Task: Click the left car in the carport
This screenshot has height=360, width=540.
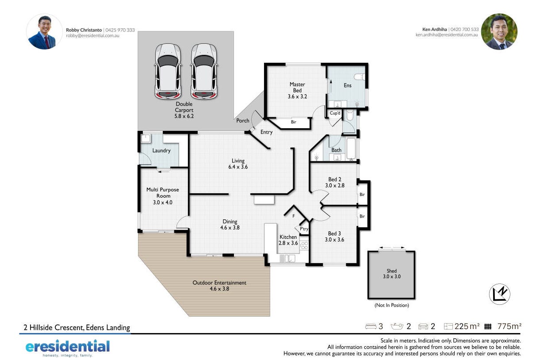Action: [x=168, y=71]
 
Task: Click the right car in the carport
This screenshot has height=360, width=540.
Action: [x=204, y=71]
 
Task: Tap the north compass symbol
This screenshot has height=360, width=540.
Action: [x=499, y=294]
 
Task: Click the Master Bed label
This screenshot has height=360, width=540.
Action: [x=297, y=87]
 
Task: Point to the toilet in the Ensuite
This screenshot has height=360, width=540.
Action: [x=360, y=77]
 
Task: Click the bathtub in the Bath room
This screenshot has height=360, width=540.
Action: [x=351, y=149]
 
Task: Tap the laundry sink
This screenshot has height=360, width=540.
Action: [x=146, y=138]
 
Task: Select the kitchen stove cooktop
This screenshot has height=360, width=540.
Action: [x=304, y=245]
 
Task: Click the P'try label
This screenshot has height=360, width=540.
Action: [x=304, y=229]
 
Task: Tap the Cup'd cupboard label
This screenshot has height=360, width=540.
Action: [x=335, y=113]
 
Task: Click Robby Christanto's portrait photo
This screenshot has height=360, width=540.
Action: [x=44, y=31]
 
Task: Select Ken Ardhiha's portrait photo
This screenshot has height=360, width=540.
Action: [x=499, y=31]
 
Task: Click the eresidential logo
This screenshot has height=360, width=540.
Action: [x=68, y=348]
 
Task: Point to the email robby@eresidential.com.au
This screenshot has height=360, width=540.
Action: [x=92, y=35]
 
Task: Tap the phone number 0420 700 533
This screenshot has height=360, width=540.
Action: [x=464, y=29]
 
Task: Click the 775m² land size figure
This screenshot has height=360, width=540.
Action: [x=509, y=326]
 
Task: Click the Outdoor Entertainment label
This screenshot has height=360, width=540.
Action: [x=219, y=283]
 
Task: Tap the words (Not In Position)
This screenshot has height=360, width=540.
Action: [x=392, y=305]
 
